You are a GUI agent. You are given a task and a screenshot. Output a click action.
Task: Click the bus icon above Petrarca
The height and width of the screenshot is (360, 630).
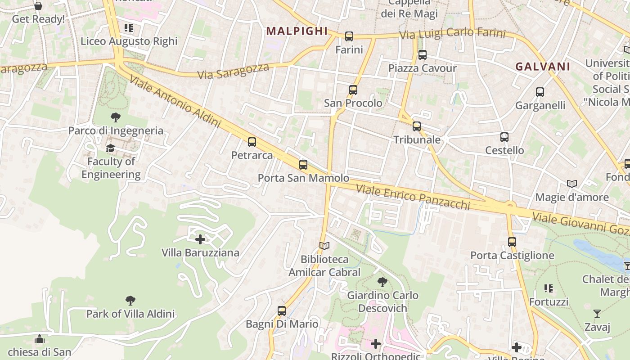coord(252,142)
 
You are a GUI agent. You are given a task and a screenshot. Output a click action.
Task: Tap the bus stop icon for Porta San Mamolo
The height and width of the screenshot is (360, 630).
coord(303,165)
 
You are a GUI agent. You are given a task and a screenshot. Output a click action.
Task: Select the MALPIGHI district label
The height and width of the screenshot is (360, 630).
coord(297,31)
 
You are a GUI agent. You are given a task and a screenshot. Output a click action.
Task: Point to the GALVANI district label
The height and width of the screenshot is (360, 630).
coord(543,67)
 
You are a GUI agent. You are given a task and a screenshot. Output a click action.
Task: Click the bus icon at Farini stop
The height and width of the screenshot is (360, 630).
coord(349,36)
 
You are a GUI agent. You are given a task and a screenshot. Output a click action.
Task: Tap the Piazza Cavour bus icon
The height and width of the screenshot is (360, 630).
coord(422,55)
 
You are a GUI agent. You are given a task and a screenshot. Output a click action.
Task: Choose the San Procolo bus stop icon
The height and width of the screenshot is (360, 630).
coord(353,90)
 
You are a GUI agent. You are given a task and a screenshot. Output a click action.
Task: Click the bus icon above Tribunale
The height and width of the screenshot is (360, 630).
coord(417,126)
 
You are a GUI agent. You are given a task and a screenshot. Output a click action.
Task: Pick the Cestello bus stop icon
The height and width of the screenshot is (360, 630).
coord(504,137)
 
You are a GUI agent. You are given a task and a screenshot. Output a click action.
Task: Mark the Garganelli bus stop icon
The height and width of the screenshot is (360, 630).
coord(540,92)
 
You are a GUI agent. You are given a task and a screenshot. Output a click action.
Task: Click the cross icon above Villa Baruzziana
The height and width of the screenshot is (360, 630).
coord(201,239)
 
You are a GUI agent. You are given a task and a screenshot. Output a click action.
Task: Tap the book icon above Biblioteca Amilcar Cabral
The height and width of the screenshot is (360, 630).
coord(324,246)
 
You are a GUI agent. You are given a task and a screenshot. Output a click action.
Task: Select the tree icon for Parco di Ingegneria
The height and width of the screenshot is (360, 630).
coord(116,117)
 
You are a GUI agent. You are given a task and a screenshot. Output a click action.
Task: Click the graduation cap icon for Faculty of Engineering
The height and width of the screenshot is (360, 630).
coord(111,148)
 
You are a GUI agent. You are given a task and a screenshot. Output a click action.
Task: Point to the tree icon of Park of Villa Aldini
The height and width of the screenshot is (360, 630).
coord(130,300)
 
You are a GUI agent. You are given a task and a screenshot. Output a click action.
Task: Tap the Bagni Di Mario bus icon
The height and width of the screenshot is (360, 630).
coord(282,310)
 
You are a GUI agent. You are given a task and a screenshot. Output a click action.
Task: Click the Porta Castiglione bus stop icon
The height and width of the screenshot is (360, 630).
coord(512,242)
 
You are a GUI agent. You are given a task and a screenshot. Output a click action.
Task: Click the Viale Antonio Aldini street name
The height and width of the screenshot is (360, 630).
coord(175,101)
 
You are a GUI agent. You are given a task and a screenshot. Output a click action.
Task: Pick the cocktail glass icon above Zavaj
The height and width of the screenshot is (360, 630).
coord(597,314)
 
